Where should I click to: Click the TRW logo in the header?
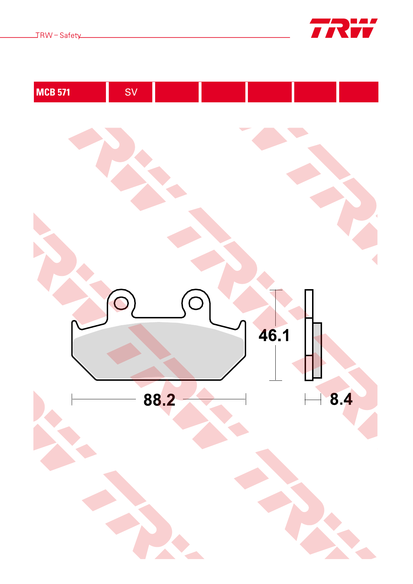[344, 28]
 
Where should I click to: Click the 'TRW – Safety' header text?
[58, 35]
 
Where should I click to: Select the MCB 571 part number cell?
[70, 92]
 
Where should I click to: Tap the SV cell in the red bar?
[131, 92]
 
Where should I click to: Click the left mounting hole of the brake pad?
[121, 303]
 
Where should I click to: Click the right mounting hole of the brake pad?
[196, 303]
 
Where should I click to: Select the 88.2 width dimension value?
[159, 400]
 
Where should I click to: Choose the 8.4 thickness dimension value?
[341, 399]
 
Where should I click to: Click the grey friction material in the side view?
[317, 350]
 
